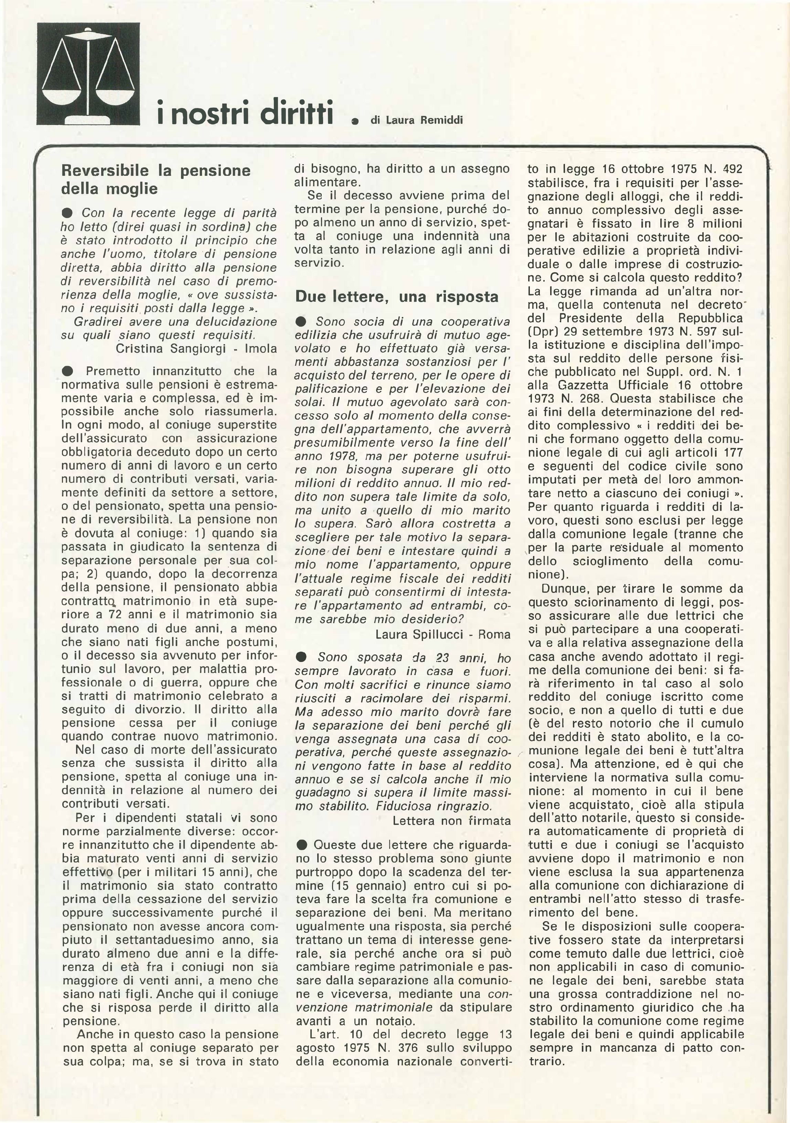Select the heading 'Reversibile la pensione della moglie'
(x=156, y=180)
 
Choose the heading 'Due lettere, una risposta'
(x=397, y=297)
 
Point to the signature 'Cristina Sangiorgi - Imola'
(x=197, y=349)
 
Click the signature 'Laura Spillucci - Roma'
(x=443, y=634)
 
